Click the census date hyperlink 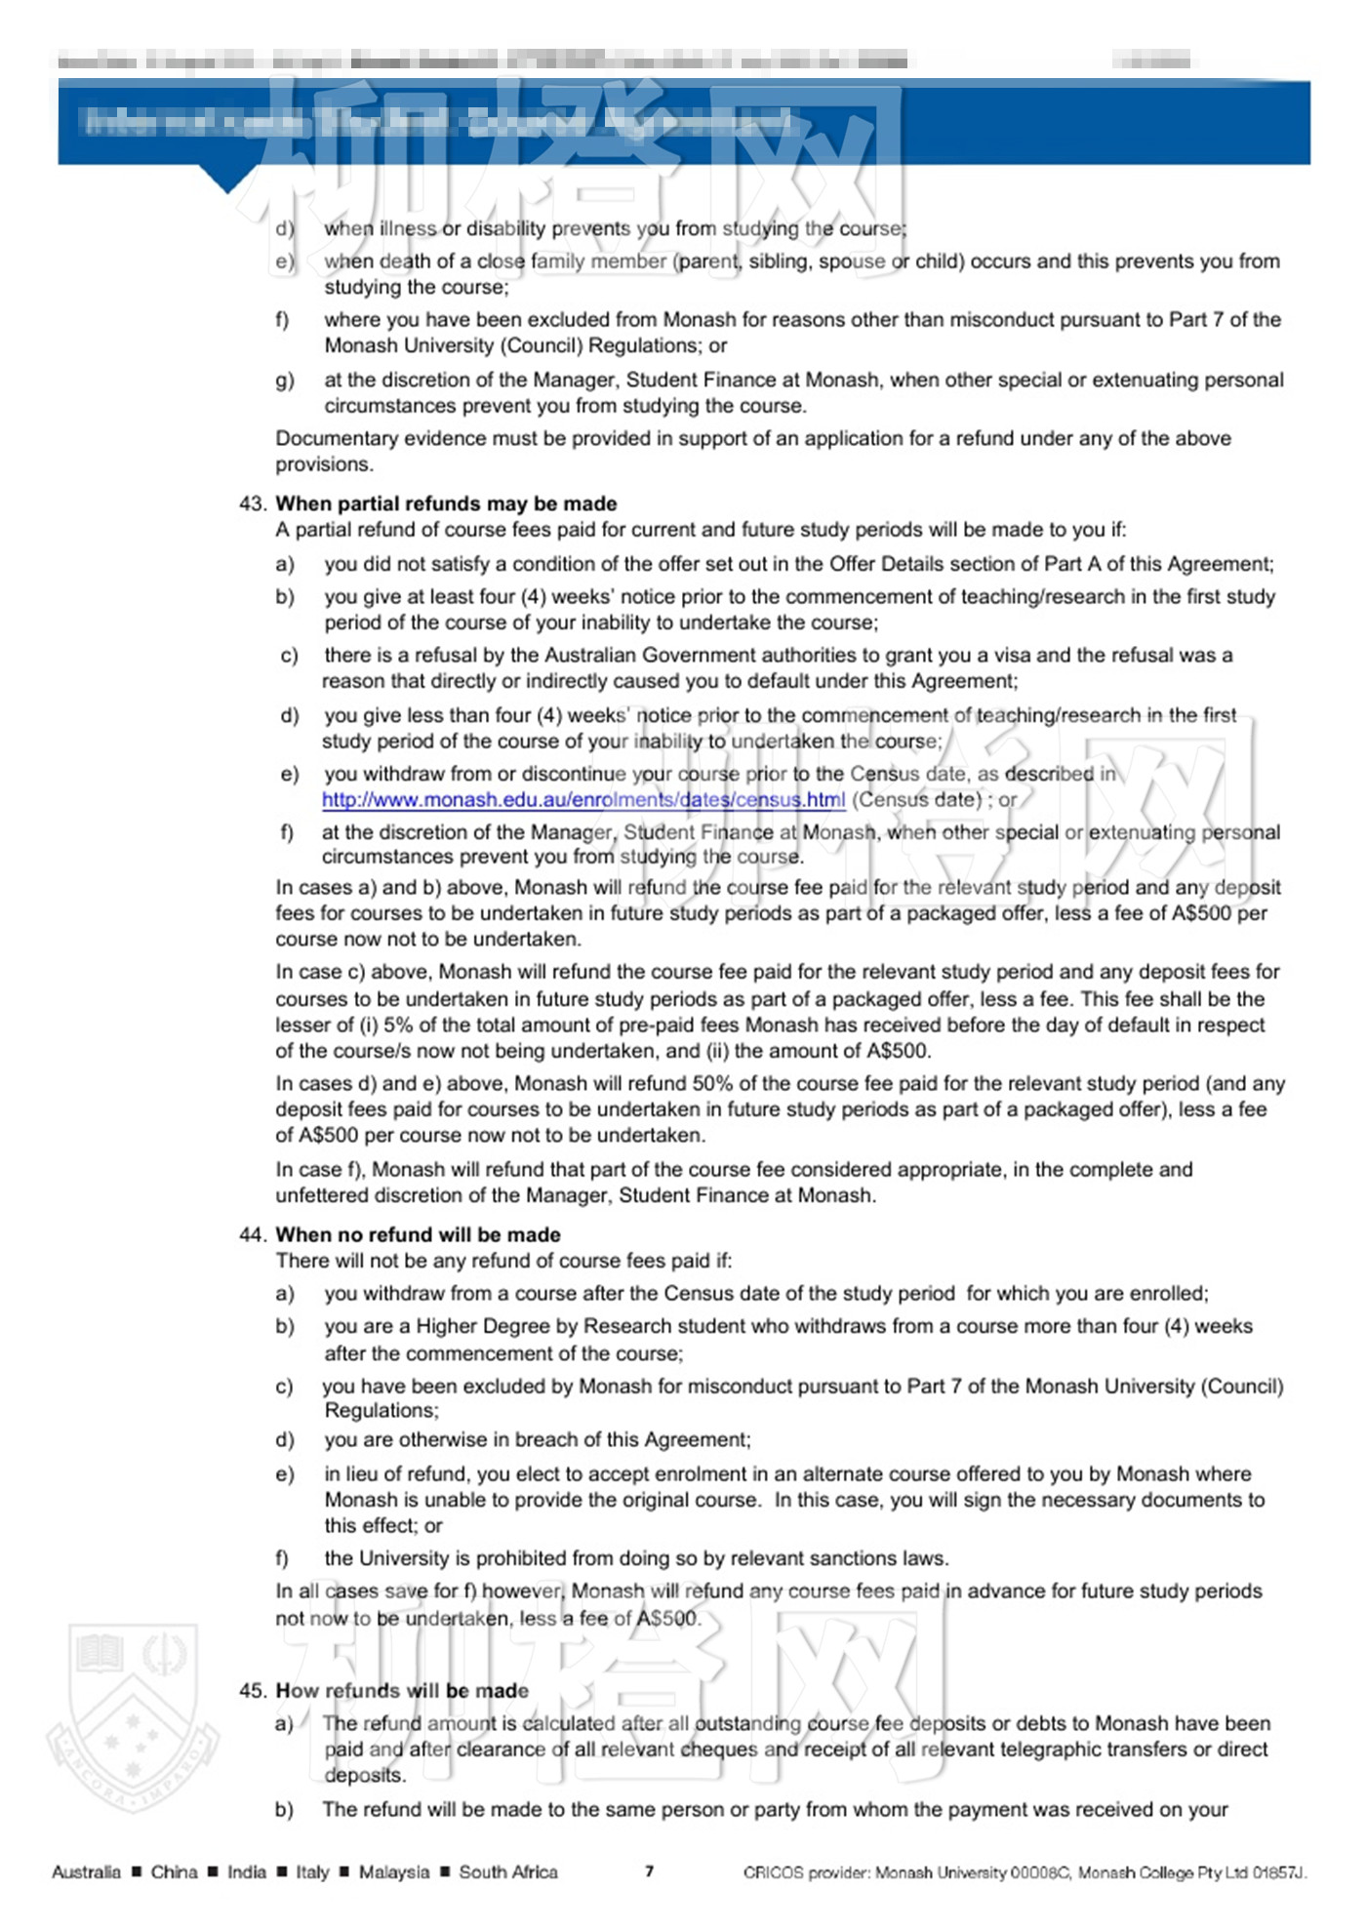click(x=583, y=800)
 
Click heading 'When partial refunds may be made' click(x=446, y=503)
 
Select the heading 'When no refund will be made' click(x=418, y=1234)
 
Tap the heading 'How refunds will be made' click(x=402, y=1690)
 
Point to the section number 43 click(x=252, y=503)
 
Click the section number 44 click(x=252, y=1234)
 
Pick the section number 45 click(x=252, y=1690)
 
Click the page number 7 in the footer click(x=650, y=1871)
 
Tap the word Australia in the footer click(x=86, y=1872)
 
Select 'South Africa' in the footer click(x=508, y=1872)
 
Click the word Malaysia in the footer click(x=393, y=1872)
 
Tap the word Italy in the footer click(x=312, y=1872)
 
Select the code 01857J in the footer click(x=1278, y=1872)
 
